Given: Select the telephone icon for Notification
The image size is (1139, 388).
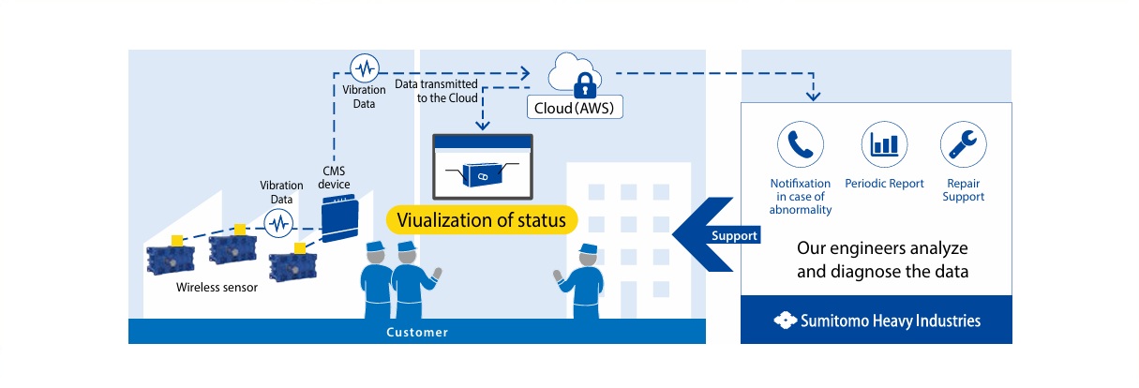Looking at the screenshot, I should pos(800,144).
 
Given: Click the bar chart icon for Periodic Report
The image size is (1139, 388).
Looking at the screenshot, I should pos(884,144).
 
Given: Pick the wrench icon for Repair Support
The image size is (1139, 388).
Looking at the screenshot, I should pos(963,144).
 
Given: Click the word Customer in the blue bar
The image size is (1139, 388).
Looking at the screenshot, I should pos(417,332).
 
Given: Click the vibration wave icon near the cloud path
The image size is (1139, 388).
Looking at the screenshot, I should pos(364,67).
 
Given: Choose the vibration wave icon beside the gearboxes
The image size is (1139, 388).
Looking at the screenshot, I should pos(278,224).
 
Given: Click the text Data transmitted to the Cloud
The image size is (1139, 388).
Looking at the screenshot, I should pos(436,91).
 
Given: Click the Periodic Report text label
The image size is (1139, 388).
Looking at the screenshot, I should pos(884,184).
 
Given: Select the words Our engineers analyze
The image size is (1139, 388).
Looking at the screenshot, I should pos(881,250).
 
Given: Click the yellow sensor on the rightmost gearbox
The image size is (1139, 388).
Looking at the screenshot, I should pos(300,247).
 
